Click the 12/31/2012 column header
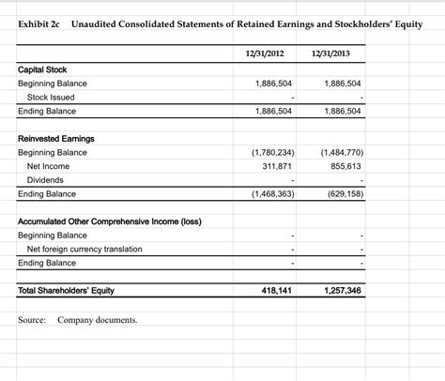(267, 51)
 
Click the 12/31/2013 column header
(334, 51)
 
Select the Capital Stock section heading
(42, 69)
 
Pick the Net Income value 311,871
(273, 165)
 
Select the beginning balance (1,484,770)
(342, 152)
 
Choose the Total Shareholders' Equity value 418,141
(275, 290)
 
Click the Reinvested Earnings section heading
(55, 138)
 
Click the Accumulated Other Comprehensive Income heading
(108, 221)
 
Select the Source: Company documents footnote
(78, 320)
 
